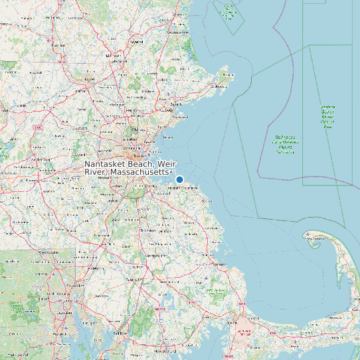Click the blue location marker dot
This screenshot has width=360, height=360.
point(179,179)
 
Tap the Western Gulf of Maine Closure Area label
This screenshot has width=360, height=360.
point(327,116)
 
